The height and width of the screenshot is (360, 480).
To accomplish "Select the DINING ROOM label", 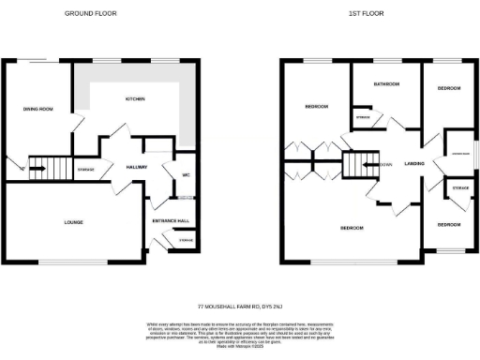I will (38, 110).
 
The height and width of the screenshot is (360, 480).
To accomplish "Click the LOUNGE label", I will (73, 222).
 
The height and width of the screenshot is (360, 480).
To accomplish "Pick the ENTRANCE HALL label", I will (172, 220).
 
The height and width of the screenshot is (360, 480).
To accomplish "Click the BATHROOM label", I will (386, 84).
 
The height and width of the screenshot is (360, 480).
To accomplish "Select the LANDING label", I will (414, 164).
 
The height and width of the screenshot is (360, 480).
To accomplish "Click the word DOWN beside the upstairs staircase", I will (385, 164).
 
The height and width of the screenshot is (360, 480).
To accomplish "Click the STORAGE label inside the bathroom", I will (363, 117).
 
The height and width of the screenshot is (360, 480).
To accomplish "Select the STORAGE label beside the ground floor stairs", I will (85, 169).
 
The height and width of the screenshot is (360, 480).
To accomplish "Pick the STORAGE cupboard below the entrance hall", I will (187, 242).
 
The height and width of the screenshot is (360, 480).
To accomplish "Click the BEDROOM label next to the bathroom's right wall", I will (449, 88).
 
